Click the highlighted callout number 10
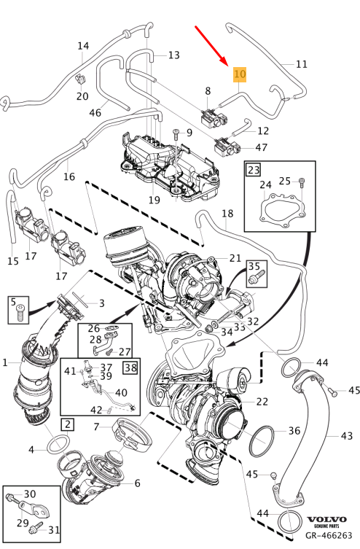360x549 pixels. pos(240,74)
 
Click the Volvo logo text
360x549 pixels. pos(327,518)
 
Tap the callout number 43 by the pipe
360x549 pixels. pos(346,436)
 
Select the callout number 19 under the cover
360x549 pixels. pos(154,199)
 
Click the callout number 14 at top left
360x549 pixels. pos(84,46)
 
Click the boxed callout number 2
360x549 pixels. pos(67,424)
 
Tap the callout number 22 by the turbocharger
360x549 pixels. pos(262,401)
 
